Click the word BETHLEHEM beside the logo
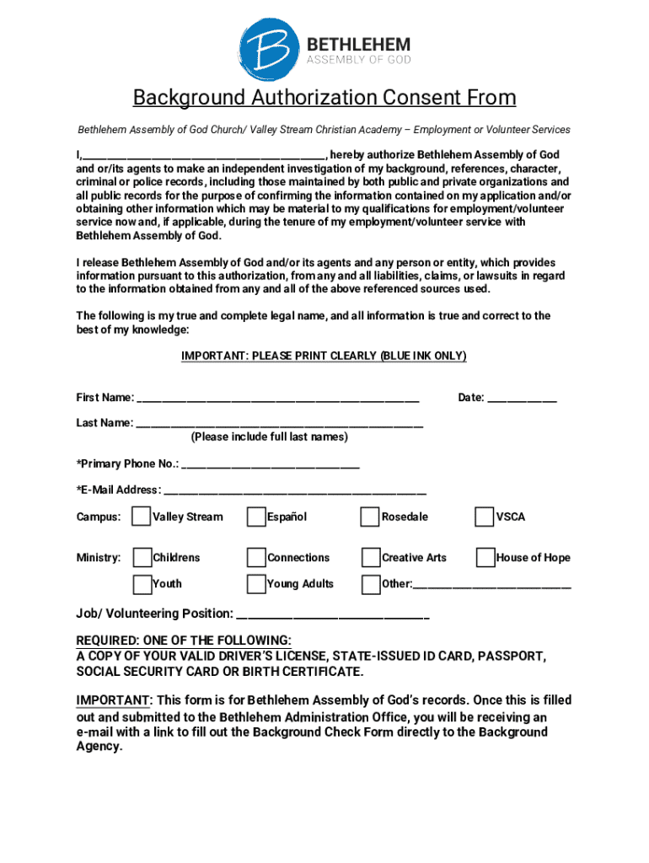[x=357, y=44]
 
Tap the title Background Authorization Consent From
[x=324, y=99]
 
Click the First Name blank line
[x=277, y=399]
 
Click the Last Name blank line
[x=279, y=424]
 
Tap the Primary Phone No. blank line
[x=270, y=464]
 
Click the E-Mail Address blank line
[x=294, y=490]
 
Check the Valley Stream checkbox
[x=142, y=517]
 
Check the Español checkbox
[x=256, y=517]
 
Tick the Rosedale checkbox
[x=370, y=517]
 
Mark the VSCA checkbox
[x=485, y=517]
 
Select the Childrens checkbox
[x=142, y=557]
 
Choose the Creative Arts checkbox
[x=370, y=557]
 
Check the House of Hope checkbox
[x=485, y=557]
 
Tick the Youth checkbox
[x=142, y=583]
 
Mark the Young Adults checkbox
[x=256, y=583]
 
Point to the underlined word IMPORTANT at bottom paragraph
[x=113, y=700]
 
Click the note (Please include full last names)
[x=269, y=437]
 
